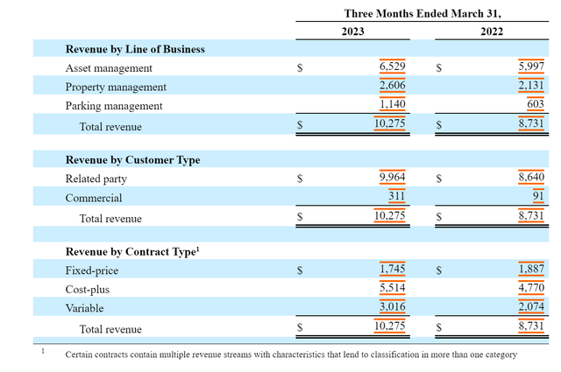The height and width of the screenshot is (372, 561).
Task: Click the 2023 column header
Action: click(352, 31)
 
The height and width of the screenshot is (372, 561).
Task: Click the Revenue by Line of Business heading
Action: click(135, 49)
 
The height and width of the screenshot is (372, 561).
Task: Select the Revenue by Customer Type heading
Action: click(132, 160)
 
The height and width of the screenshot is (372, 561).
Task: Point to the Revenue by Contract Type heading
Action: click(131, 252)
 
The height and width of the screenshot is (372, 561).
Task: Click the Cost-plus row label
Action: click(88, 290)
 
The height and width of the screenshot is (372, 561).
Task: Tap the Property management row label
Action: click(116, 87)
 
